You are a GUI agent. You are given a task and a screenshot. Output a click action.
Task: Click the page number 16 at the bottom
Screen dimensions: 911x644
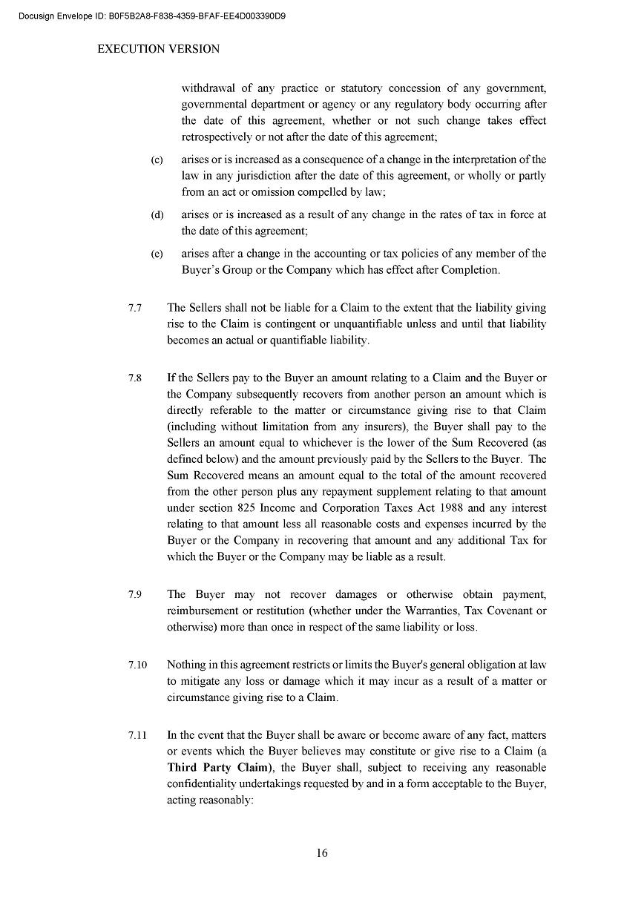(x=322, y=853)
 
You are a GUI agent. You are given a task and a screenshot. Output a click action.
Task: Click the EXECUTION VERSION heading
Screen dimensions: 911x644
(x=158, y=49)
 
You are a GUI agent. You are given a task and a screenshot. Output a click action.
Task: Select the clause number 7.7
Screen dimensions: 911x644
(x=134, y=307)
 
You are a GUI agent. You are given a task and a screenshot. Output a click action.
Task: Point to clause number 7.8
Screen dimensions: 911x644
(x=134, y=378)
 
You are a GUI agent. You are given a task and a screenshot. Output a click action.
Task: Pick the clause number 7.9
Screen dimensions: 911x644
(x=134, y=594)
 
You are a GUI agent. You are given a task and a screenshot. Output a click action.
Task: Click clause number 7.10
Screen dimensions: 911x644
(x=137, y=665)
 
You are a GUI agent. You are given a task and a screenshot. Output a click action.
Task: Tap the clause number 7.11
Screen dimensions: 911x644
(x=137, y=735)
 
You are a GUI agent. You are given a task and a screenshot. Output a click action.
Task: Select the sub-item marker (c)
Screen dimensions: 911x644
(x=157, y=159)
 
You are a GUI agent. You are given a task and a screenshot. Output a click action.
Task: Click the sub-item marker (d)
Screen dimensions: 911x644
(x=157, y=215)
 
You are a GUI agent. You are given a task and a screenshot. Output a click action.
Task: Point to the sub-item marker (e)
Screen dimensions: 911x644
(x=157, y=254)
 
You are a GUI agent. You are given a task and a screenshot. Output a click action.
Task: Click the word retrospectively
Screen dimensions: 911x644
(x=218, y=137)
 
